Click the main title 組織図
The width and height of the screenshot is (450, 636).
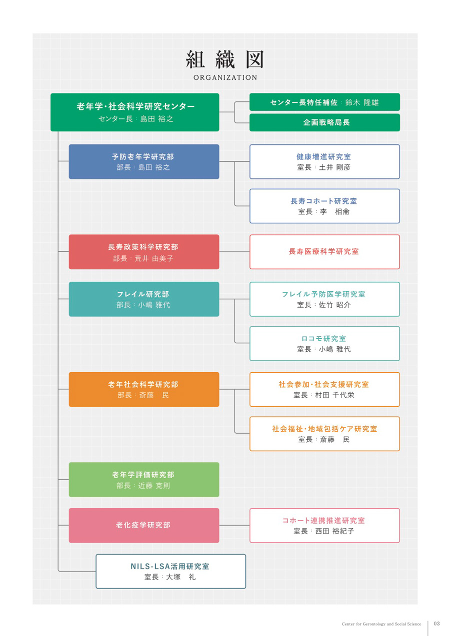225,59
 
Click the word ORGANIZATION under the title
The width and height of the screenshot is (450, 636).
225,77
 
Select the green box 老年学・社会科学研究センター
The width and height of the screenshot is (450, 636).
134,112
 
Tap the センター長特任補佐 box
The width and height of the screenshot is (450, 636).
324,102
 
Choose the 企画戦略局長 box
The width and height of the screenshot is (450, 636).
324,122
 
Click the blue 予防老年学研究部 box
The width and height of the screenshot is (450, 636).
144,161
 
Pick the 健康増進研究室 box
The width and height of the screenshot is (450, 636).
324,161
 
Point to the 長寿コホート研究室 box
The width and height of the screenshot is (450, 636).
324,206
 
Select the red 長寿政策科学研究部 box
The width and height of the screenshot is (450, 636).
144,252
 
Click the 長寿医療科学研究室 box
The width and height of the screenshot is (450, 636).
324,252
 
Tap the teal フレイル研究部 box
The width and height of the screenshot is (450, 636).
144,299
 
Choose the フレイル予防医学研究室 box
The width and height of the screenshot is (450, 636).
324,299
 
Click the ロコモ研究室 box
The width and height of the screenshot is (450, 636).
324,344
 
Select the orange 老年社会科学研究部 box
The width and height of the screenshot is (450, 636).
144,389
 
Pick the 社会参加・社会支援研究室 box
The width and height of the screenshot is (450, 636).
324,389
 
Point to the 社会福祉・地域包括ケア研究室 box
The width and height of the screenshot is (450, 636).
324,434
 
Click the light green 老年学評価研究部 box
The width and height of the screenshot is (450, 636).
144,480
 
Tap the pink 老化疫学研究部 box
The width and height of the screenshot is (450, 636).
144,525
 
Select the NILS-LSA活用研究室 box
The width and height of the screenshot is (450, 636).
170,571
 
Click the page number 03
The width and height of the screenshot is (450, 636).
436,624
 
